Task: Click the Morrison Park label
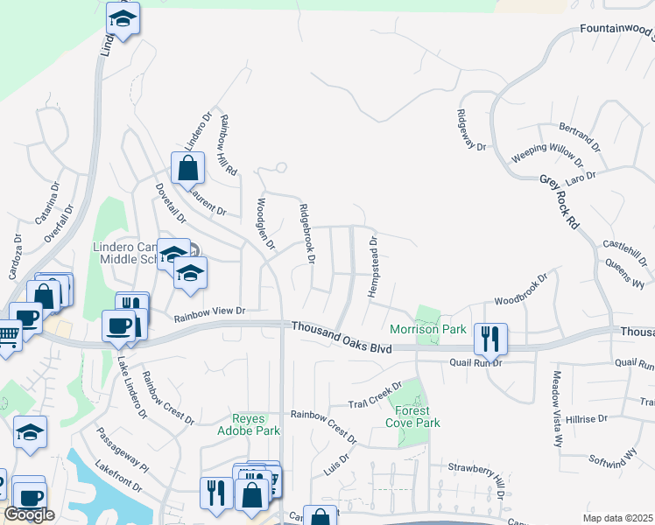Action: pos(427,330)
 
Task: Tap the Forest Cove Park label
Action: pos(412,416)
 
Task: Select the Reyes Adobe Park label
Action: pos(256,424)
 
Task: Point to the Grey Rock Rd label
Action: pos(560,200)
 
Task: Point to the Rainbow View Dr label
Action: pos(211,311)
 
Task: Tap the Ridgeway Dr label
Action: pos(470,129)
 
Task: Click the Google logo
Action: pos(29,514)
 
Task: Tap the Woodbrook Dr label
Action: pos(520,290)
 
